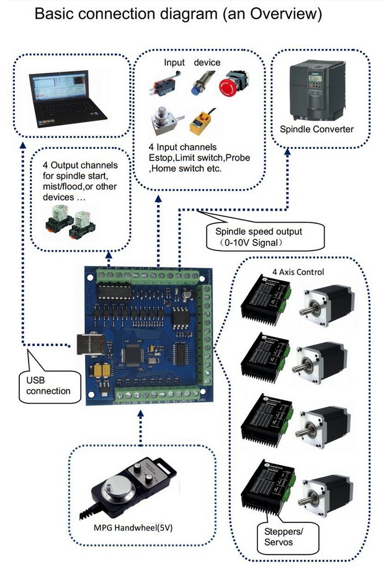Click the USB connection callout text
click(x=49, y=386)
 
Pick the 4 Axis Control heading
click(x=298, y=271)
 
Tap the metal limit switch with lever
click(x=162, y=87)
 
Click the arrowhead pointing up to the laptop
click(x=23, y=143)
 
